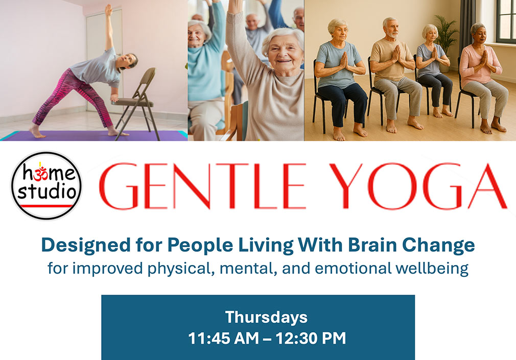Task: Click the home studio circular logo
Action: coord(46,186)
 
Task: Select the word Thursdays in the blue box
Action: coord(266,317)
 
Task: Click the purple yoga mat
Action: coord(92,135)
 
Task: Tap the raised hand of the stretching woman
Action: coord(108,9)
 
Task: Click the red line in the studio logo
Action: coord(46,206)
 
